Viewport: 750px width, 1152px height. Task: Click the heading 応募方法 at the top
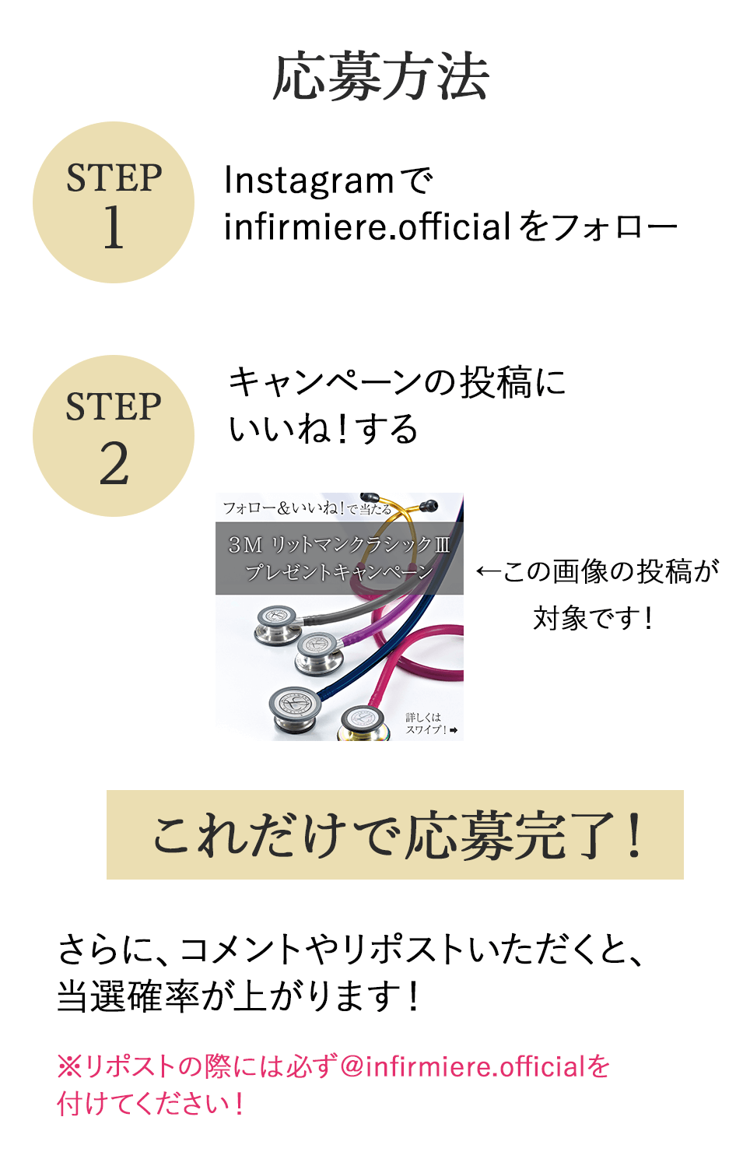click(380, 77)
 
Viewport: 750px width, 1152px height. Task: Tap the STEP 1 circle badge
click(114, 202)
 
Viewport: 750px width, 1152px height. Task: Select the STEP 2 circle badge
click(114, 436)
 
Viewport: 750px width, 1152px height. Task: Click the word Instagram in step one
click(309, 181)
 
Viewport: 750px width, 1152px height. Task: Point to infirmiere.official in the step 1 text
click(367, 227)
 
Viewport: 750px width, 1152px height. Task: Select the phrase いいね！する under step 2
click(323, 429)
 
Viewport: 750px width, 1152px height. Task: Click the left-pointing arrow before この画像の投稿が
click(488, 572)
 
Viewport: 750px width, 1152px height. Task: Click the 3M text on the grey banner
click(244, 545)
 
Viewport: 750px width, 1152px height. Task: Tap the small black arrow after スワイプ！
click(454, 730)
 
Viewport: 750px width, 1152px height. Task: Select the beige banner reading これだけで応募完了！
click(394, 834)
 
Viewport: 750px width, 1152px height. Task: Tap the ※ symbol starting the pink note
click(69, 1066)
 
